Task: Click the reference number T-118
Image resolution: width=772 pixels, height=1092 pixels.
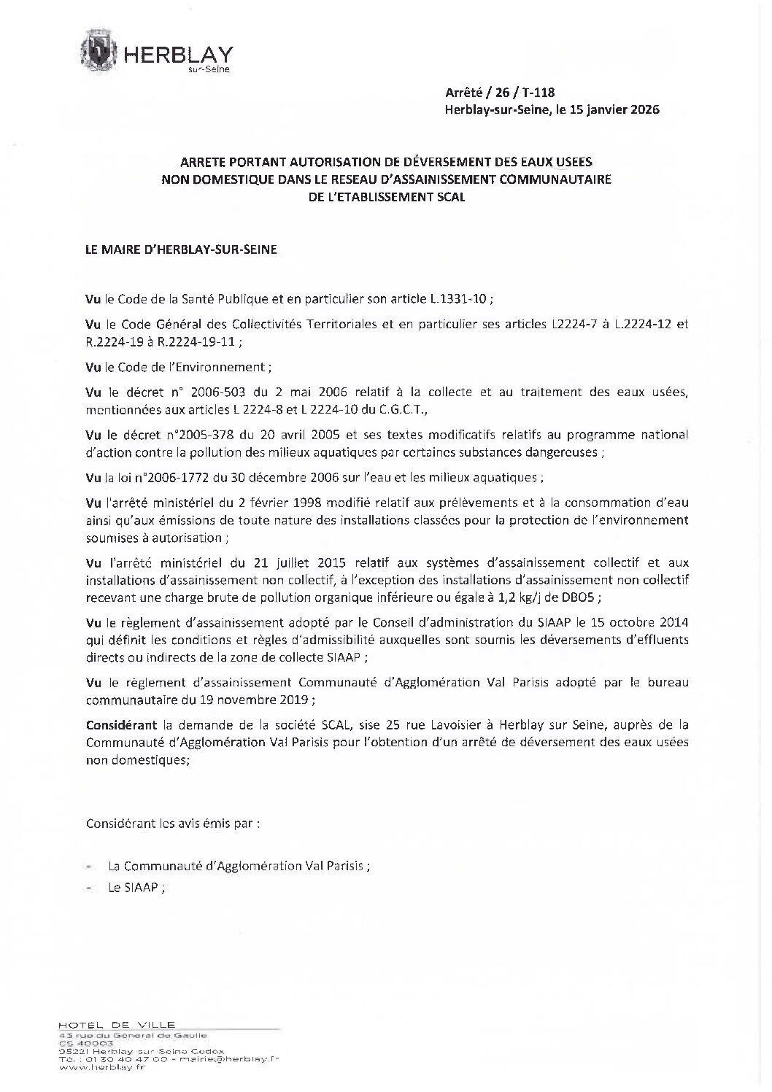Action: [539, 93]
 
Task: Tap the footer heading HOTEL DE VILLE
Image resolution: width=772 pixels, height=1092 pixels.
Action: [117, 1024]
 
